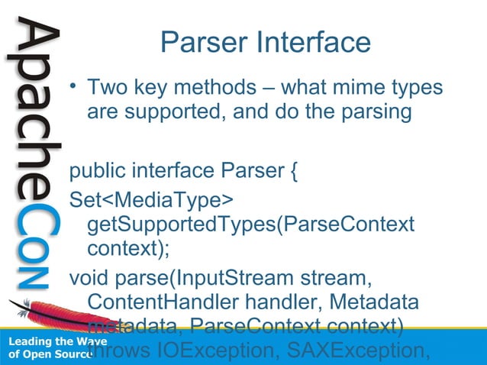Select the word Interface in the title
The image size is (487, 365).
(x=314, y=43)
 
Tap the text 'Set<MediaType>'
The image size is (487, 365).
(x=151, y=199)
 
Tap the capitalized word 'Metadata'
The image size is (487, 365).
(x=385, y=301)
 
